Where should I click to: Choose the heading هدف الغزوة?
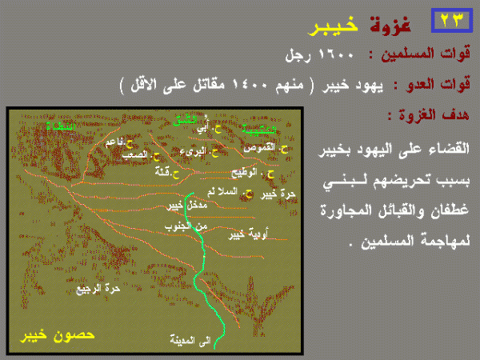[x=433, y=113]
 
